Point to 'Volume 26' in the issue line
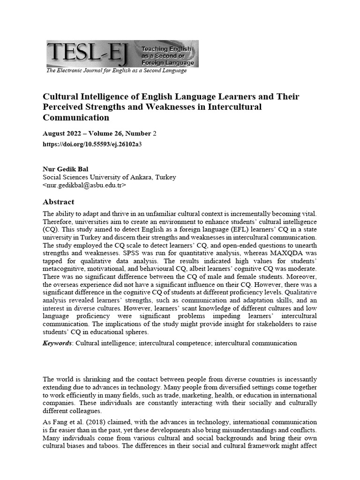[105, 134]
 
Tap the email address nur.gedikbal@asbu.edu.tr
[84, 185]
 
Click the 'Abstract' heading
[58, 202]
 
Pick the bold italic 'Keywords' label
[57, 343]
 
